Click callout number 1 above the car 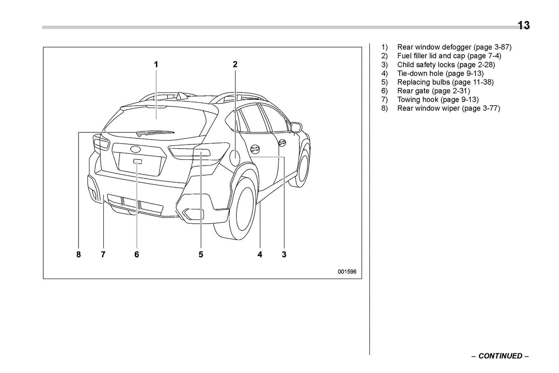click(156, 65)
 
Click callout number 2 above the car click(235, 65)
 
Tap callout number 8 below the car click(79, 255)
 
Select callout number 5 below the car click(201, 255)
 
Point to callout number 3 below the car click(284, 255)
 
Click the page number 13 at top click(523, 26)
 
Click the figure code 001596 click(347, 272)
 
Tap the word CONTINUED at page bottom click(500, 356)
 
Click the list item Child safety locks click(426, 65)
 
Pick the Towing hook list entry click(417, 100)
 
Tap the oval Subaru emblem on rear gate click(136, 149)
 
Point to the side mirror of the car click(296, 127)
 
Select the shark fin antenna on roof click(181, 95)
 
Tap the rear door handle click(255, 149)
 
